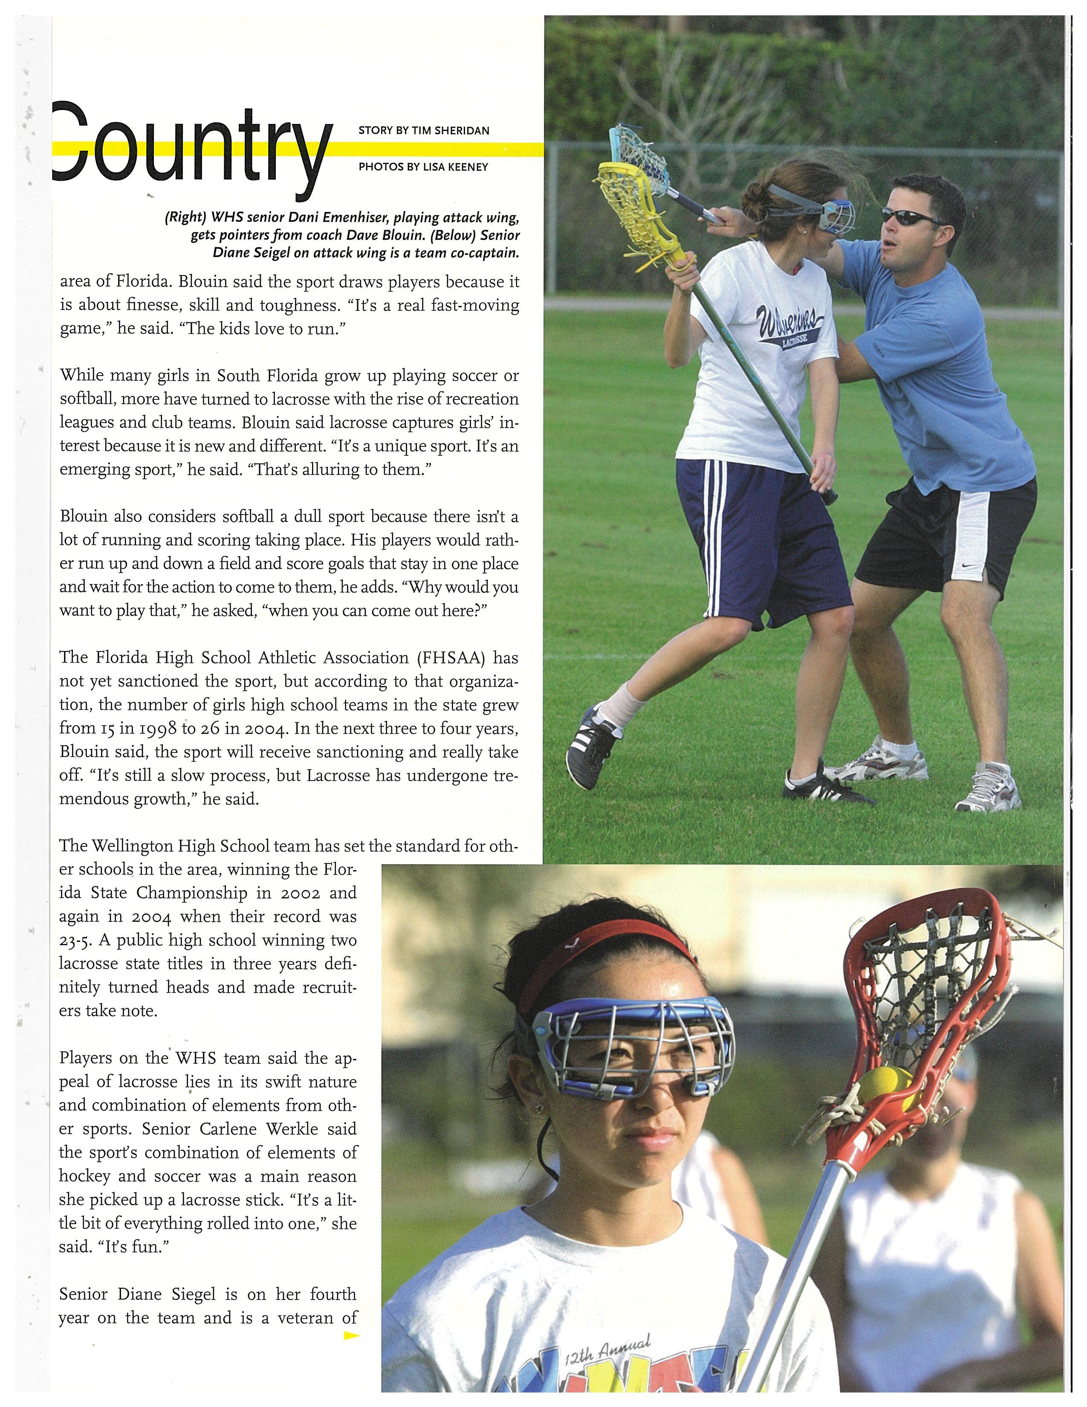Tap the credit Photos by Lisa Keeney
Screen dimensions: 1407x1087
423,167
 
